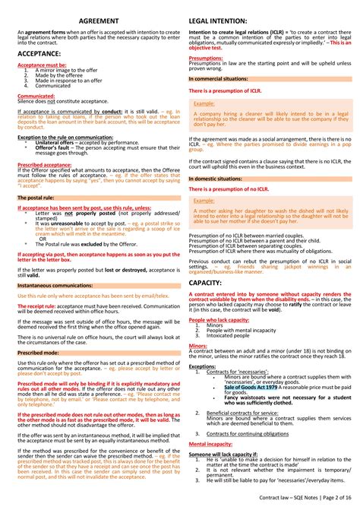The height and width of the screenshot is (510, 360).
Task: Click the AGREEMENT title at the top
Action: (99, 20)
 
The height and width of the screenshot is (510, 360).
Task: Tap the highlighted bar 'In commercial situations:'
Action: (217, 78)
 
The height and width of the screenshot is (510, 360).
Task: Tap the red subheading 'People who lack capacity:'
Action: (219, 320)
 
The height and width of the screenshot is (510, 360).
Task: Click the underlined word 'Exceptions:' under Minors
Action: (203, 366)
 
